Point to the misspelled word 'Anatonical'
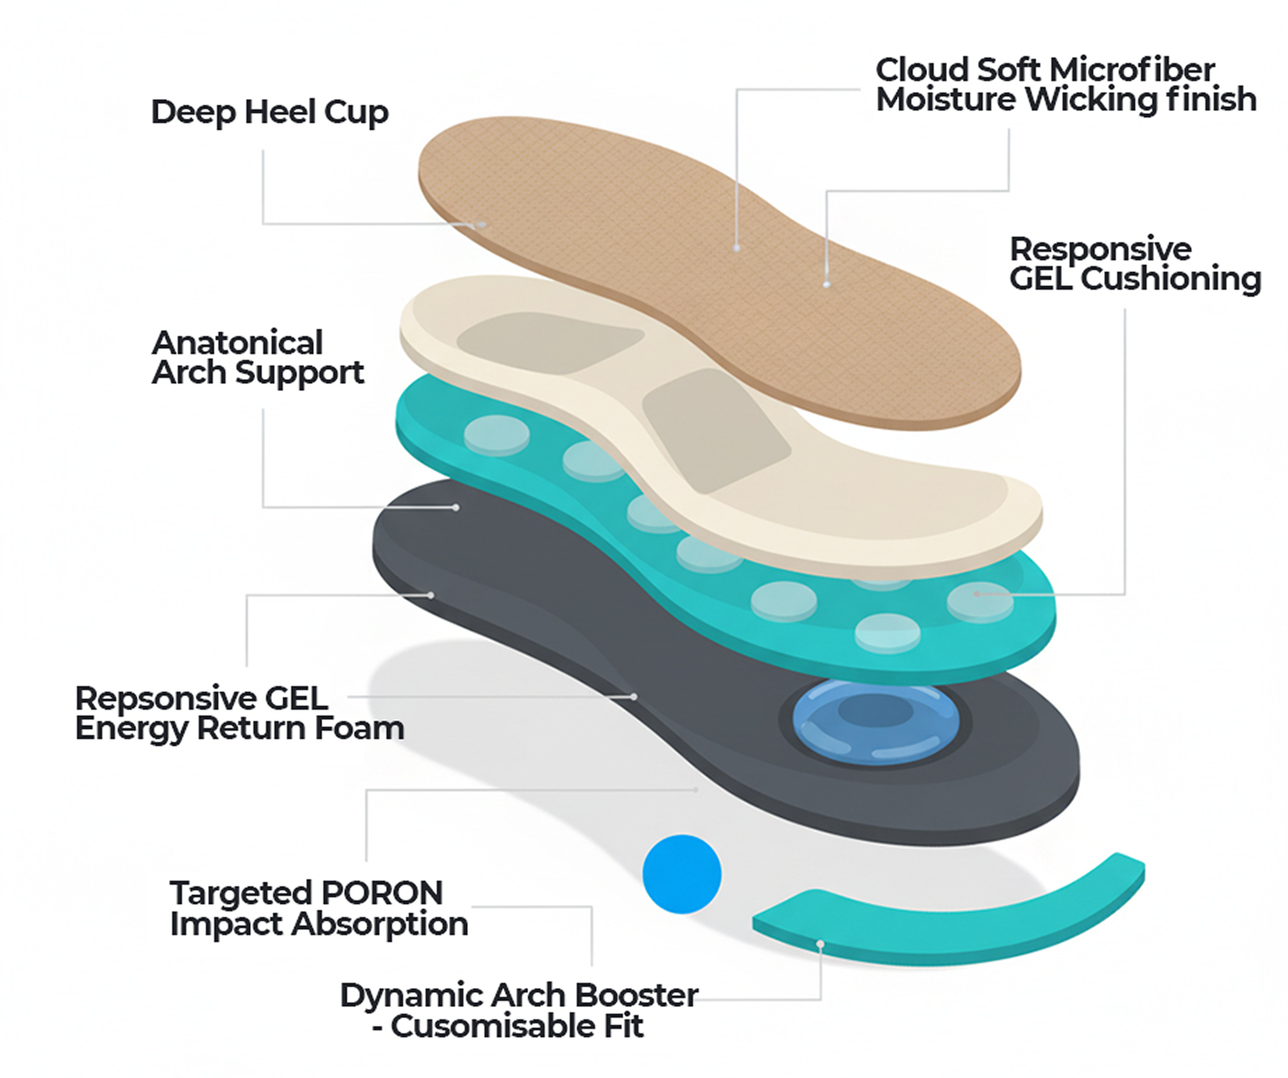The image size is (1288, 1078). click(x=237, y=342)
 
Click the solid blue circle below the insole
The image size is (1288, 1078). click(x=681, y=874)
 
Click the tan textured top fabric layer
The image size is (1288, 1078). click(x=705, y=258)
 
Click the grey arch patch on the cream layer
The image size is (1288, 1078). click(x=715, y=429)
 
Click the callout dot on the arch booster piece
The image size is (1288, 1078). click(x=820, y=944)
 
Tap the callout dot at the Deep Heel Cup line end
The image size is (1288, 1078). click(x=482, y=225)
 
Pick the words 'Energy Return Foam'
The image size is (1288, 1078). click(x=239, y=728)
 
